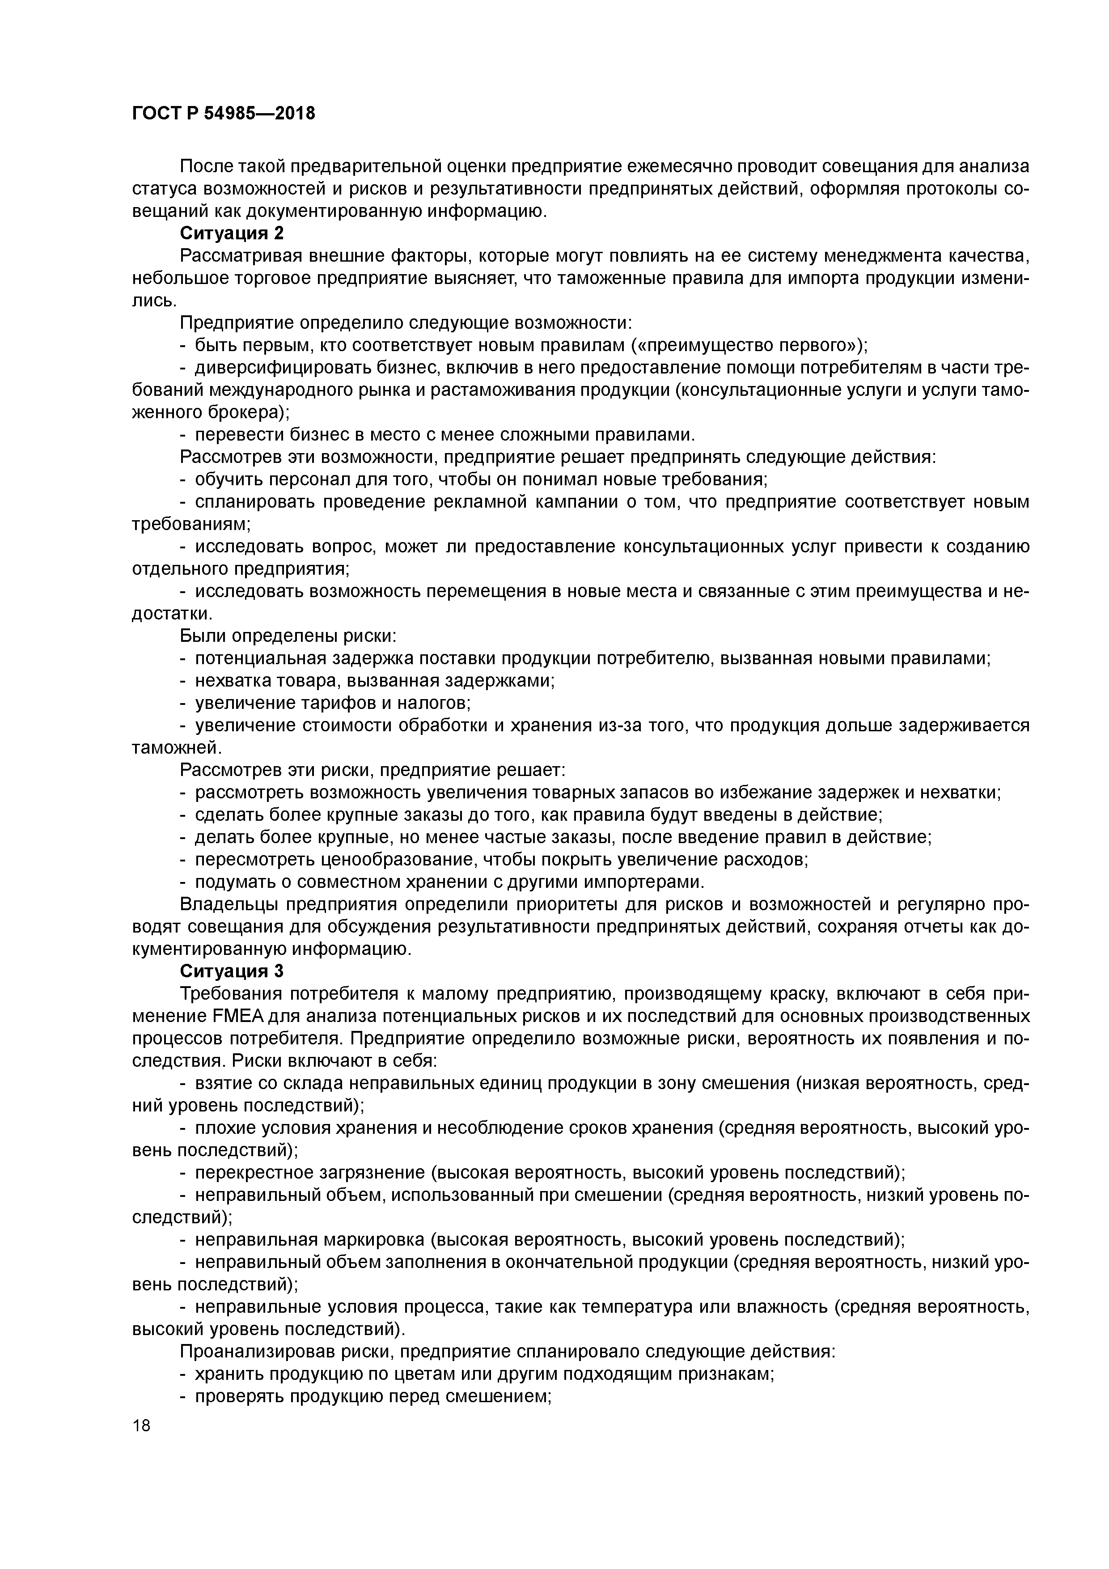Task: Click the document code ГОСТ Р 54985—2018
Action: tap(224, 114)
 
